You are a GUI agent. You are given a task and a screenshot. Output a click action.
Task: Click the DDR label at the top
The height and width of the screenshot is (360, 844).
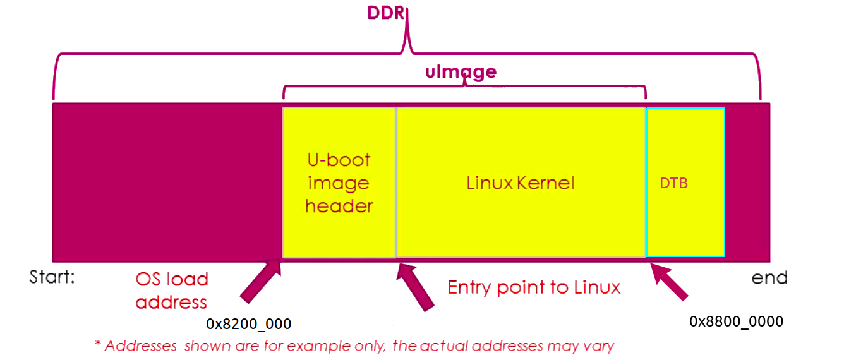click(385, 13)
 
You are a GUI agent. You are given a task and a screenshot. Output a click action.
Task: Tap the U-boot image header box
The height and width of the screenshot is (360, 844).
click(339, 183)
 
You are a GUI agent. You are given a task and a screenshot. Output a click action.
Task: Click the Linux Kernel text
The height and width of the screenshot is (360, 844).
click(521, 183)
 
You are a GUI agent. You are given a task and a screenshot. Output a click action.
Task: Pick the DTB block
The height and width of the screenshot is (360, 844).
click(685, 183)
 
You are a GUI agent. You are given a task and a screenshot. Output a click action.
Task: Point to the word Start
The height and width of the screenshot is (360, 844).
click(52, 277)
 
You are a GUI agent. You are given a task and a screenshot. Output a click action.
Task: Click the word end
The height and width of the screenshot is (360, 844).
click(769, 277)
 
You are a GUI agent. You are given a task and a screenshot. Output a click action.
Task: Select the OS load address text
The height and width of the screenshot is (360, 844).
click(171, 291)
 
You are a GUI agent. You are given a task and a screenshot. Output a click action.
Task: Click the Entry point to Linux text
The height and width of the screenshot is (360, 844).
click(534, 287)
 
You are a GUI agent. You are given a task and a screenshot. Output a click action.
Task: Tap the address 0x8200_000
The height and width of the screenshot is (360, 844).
click(248, 325)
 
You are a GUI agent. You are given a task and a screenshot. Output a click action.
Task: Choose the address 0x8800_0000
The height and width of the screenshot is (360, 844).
click(736, 321)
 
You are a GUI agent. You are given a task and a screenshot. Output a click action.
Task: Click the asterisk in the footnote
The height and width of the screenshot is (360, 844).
click(98, 345)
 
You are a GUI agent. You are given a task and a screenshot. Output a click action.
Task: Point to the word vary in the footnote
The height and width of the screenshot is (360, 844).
click(600, 346)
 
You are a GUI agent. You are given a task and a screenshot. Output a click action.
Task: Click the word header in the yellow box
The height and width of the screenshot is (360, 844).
click(339, 206)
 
